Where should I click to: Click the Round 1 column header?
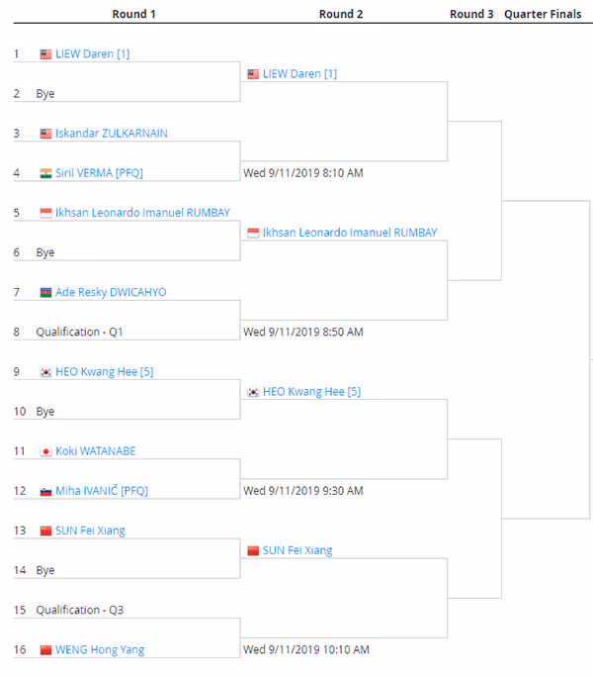click(x=133, y=14)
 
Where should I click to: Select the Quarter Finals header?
click(x=543, y=14)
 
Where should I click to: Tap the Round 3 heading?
click(x=471, y=14)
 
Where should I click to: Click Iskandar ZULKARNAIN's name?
click(x=112, y=134)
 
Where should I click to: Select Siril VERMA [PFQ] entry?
click(x=100, y=173)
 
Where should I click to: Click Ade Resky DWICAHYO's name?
click(x=111, y=292)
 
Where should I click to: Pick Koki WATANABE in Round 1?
click(x=96, y=451)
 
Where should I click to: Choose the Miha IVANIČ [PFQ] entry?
click(x=102, y=491)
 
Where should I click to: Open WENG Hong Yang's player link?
click(x=100, y=649)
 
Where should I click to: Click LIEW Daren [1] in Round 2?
click(x=299, y=74)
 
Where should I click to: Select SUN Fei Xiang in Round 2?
click(x=297, y=550)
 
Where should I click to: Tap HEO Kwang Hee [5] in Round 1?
click(x=105, y=372)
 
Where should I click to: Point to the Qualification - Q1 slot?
click(x=79, y=332)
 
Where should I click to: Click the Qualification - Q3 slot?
click(x=79, y=610)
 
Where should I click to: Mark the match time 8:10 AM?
click(x=303, y=173)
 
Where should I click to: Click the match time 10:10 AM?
click(x=306, y=649)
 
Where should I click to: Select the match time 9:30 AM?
click(x=303, y=491)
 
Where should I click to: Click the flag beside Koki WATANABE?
click(x=45, y=451)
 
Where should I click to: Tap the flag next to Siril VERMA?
click(x=45, y=173)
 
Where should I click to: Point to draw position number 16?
click(x=20, y=649)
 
